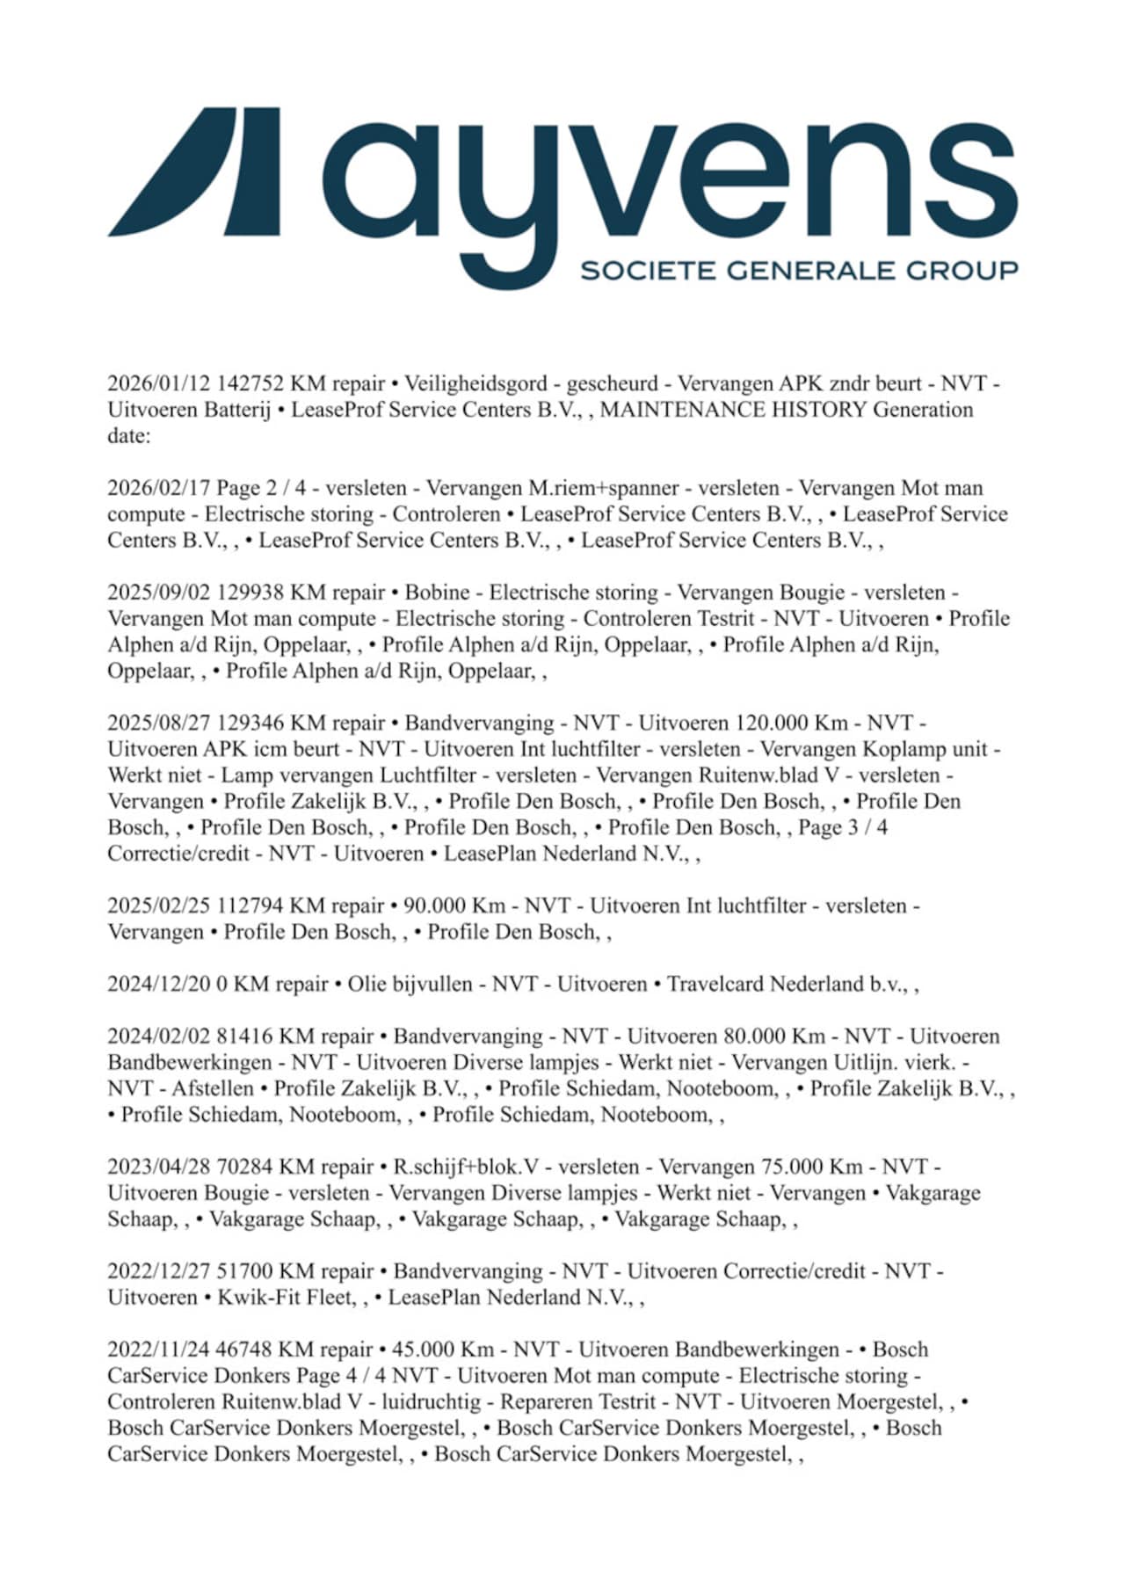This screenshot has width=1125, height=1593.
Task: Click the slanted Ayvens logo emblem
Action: pyautogui.click(x=195, y=171)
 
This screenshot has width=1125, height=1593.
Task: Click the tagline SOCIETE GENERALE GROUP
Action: pyautogui.click(x=799, y=270)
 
